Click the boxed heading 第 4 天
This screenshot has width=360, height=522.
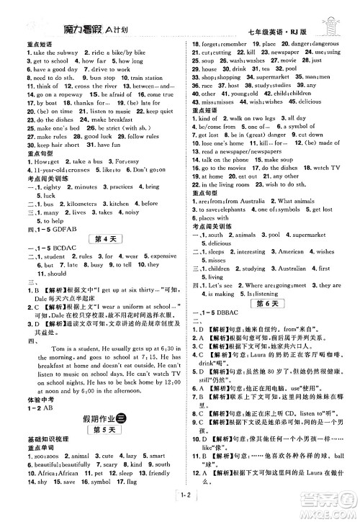coord(96,238)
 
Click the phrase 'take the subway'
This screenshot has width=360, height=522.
coord(40,55)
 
